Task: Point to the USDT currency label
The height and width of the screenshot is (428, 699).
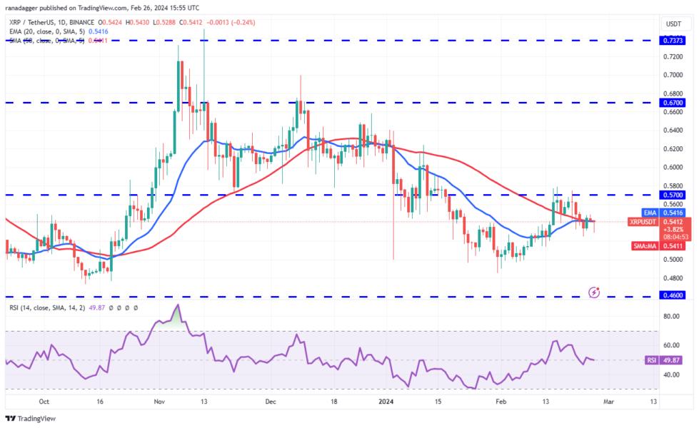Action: pos(673,24)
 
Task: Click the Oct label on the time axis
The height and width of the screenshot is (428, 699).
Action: pos(45,402)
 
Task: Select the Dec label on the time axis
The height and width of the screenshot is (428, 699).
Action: pos(271,402)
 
